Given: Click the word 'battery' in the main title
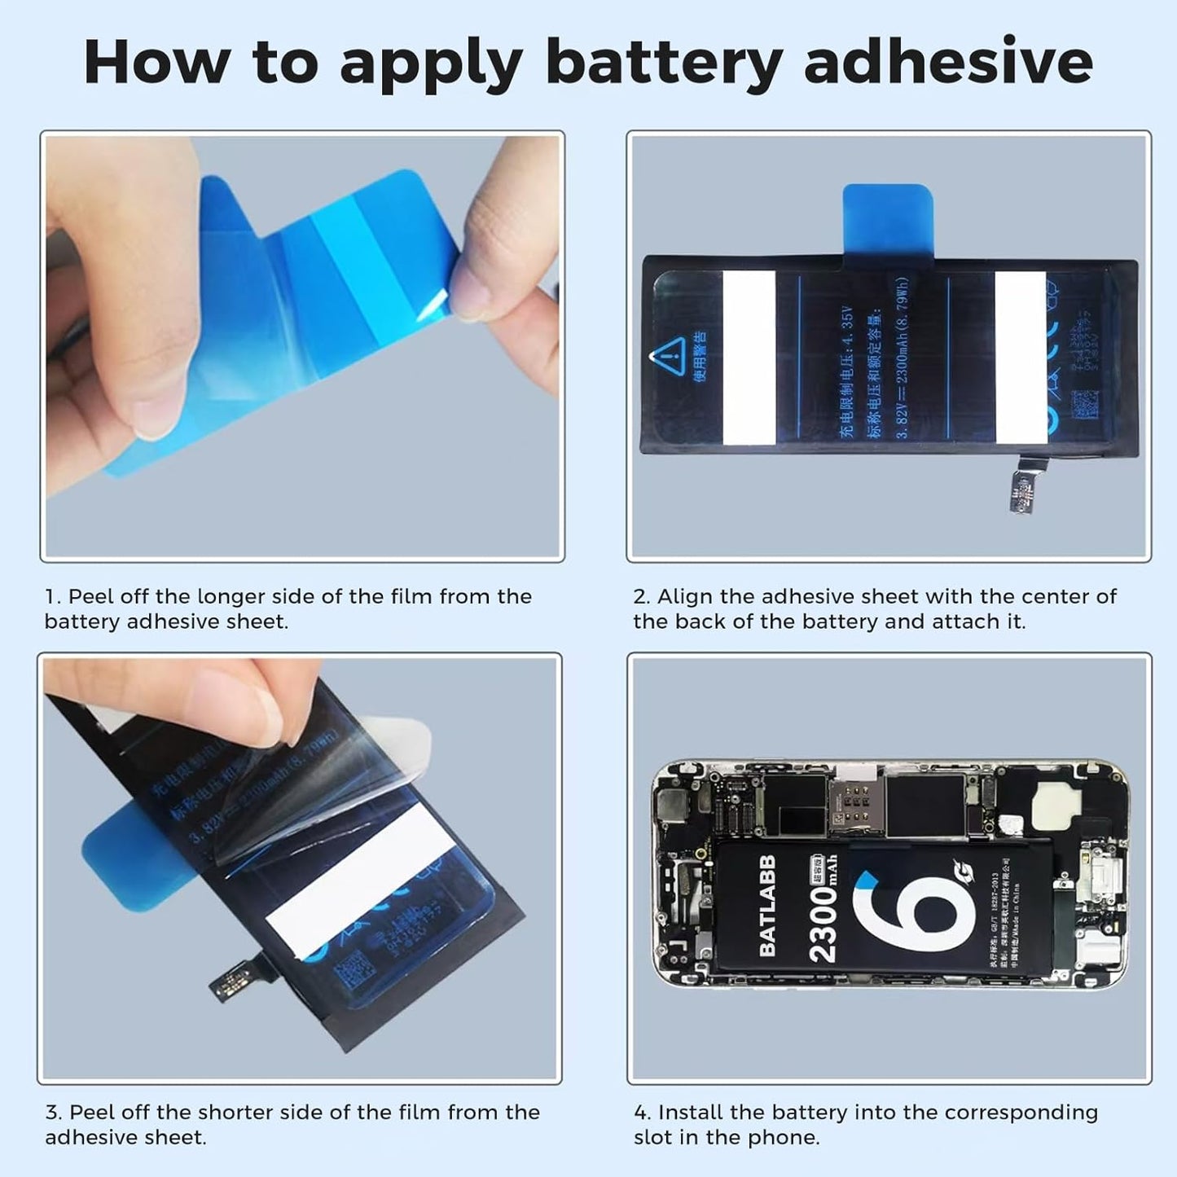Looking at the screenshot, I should coord(664,64).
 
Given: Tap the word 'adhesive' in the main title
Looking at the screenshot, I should coord(948,62).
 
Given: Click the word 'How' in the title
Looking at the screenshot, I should coord(156,62).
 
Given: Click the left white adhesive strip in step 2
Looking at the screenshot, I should coord(749,358).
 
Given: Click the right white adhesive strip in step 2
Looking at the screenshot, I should coord(1021,358).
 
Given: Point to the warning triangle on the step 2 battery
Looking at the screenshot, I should coord(668,356).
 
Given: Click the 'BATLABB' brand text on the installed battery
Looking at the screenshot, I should coord(766,905).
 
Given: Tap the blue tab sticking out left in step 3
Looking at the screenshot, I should coord(122,855).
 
